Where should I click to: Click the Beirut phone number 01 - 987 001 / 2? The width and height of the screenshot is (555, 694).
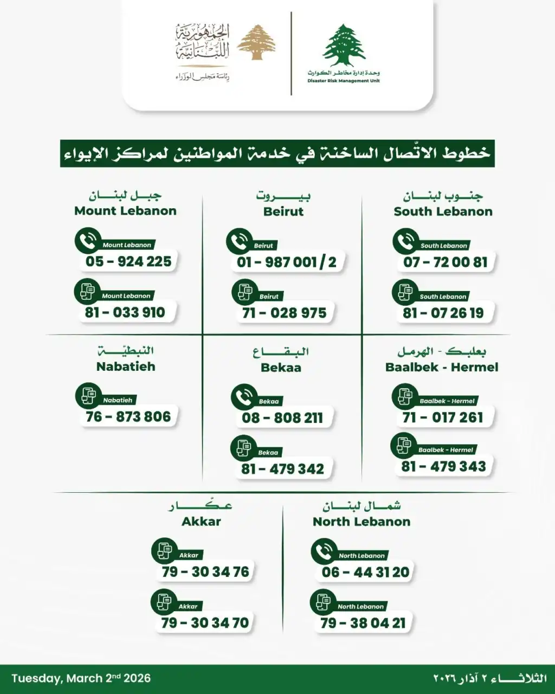pos(286,262)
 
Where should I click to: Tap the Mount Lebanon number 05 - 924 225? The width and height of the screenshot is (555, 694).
pos(128,262)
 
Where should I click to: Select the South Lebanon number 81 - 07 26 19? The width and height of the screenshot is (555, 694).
pos(443,313)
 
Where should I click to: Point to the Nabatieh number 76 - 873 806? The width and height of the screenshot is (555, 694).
pos(128,417)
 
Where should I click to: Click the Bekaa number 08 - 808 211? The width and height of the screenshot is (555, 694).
pos(282,418)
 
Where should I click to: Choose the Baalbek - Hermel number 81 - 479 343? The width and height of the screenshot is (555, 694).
pos(443,467)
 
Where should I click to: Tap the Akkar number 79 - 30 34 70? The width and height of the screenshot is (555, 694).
pos(205,623)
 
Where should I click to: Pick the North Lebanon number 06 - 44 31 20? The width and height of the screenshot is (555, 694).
pos(365,572)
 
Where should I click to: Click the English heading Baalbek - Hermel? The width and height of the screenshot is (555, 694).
pos(442,367)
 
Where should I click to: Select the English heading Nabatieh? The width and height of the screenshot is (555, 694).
pos(126,367)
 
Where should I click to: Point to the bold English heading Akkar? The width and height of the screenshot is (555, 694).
pos(201,522)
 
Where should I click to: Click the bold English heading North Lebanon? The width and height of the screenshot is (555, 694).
pos(362,522)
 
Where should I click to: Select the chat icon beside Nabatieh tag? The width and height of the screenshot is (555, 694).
pos(88,396)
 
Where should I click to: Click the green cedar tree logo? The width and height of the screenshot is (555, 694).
pos(344,46)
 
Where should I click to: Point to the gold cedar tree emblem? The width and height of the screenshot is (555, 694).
pos(256,42)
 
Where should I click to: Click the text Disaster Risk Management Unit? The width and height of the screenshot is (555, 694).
pos(344,81)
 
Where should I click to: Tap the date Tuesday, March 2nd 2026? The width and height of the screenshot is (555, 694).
pos(81,678)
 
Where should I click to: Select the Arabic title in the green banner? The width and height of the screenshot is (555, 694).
pos(277,153)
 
